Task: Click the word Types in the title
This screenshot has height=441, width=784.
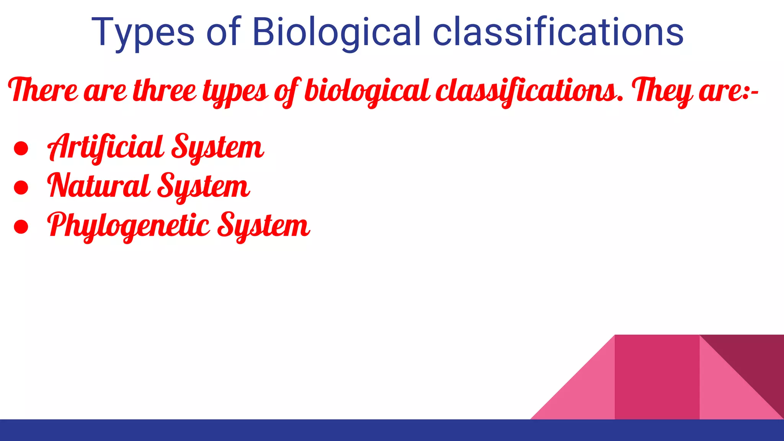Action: (x=143, y=33)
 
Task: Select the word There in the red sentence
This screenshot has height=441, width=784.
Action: (x=43, y=90)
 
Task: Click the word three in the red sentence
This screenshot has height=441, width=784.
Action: (x=165, y=90)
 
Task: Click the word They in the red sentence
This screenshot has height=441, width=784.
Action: (x=662, y=91)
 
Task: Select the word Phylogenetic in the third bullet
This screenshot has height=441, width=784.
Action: (x=129, y=225)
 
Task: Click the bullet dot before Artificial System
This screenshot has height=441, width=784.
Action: (x=21, y=149)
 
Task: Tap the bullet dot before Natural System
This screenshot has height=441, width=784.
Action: (x=21, y=188)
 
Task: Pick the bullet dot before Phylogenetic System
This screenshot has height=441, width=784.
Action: (x=21, y=227)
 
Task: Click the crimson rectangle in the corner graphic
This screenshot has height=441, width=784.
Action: (x=657, y=377)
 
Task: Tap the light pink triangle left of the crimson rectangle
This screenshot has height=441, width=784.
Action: (x=586, y=394)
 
